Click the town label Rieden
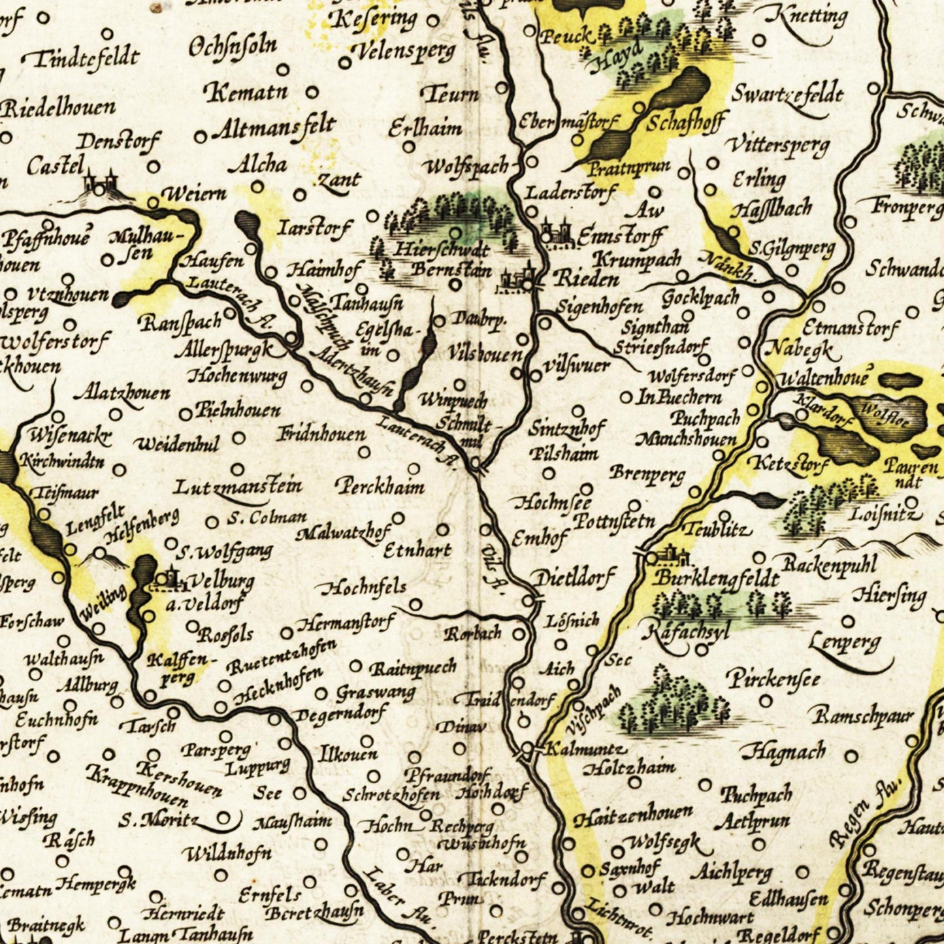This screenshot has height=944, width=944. [x=586, y=280]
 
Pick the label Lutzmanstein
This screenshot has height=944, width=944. [x=238, y=487]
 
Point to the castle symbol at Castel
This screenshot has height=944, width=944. [x=99, y=182]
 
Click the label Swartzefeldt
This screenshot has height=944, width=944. [x=787, y=95]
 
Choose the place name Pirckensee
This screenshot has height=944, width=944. [x=773, y=679]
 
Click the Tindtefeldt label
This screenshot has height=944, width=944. [x=85, y=58]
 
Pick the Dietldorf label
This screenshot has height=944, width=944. [x=574, y=578]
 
